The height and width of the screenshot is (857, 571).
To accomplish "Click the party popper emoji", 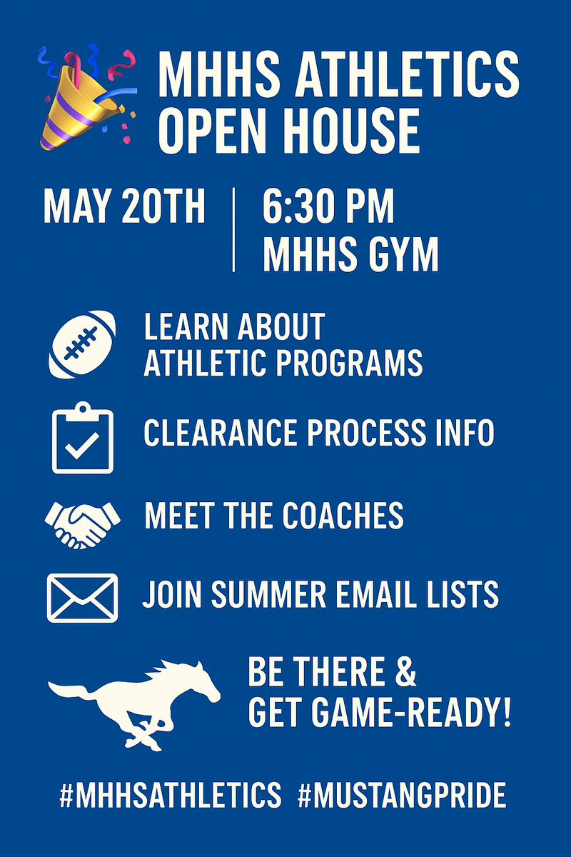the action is pos(87,99).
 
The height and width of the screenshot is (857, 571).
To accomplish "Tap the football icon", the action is pos(82,344).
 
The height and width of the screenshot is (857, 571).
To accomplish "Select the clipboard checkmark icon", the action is pos(83,438).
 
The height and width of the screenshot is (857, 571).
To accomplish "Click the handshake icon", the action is pos(82,525).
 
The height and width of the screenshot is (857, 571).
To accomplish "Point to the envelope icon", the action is pos(82,598).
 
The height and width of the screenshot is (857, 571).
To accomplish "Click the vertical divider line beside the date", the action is pos(233,230).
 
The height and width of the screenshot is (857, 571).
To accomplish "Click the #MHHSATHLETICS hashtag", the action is pos(171,796).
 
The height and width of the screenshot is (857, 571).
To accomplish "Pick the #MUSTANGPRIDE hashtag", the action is pos(402,796).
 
